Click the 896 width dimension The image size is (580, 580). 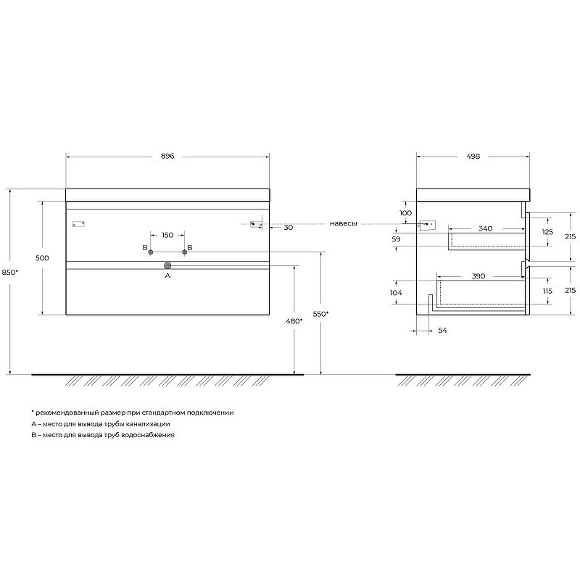pyautogui.click(x=167, y=156)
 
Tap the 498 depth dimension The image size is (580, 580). pyautogui.click(x=473, y=156)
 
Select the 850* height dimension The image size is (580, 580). pyautogui.click(x=10, y=273)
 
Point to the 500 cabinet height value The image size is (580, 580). pyautogui.click(x=42, y=258)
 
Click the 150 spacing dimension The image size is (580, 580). pyautogui.click(x=167, y=235)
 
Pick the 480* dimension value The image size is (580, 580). pyautogui.click(x=294, y=321)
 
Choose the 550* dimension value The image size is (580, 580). pyautogui.click(x=320, y=314)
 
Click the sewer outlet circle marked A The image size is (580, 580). pyautogui.click(x=167, y=265)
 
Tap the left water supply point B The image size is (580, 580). pyautogui.click(x=151, y=252)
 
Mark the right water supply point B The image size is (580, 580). pyautogui.click(x=185, y=252)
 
